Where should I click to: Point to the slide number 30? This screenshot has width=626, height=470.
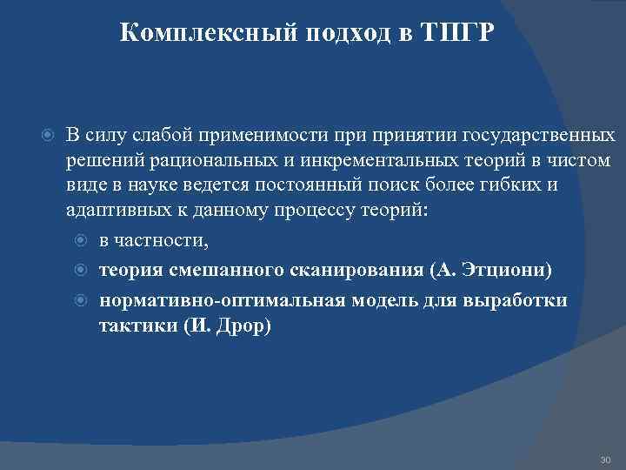click(x=605, y=459)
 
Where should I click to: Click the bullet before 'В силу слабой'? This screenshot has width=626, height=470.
click(x=50, y=137)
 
